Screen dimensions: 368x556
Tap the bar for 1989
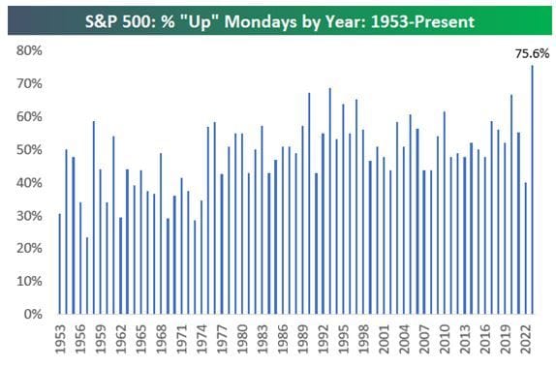[x=309, y=203]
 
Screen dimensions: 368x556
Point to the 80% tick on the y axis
[x=28, y=50]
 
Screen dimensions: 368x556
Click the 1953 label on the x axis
[x=60, y=340]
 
